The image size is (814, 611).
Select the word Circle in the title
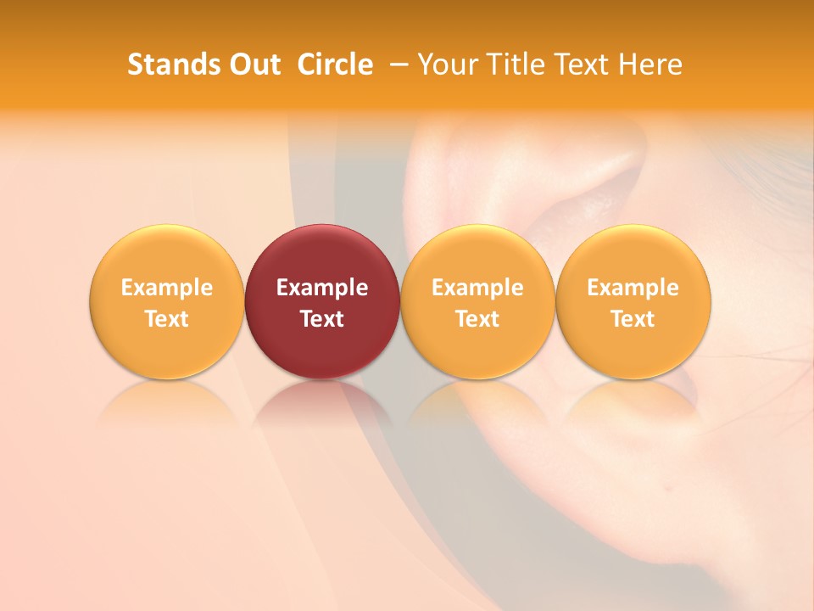tap(335, 64)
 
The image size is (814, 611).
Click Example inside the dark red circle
tap(322, 288)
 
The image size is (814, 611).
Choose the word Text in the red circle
tap(322, 319)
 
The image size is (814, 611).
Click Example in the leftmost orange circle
tap(167, 288)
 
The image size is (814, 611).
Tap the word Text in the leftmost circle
tap(167, 319)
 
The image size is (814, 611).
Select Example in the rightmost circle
tap(633, 288)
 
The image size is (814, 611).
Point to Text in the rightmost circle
tap(633, 319)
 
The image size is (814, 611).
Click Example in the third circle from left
tap(477, 288)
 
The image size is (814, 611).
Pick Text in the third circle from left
tap(477, 319)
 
